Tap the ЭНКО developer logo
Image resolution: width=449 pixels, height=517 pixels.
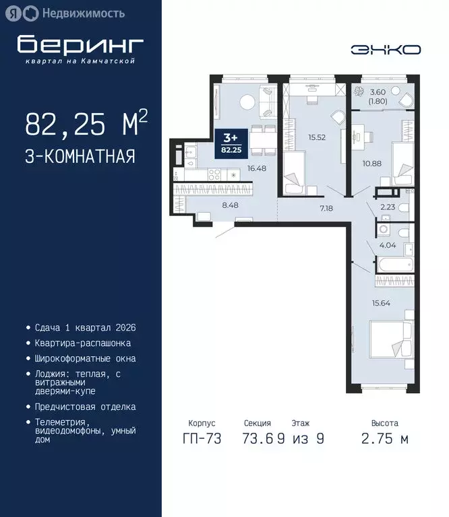(385, 49)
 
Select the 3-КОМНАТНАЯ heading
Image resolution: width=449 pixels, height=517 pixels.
(80, 157)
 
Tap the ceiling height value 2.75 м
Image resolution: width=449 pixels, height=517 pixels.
(384, 440)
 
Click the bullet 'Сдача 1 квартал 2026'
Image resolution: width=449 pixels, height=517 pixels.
(86, 328)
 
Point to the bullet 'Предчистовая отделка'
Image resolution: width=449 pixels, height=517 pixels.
(86, 407)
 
